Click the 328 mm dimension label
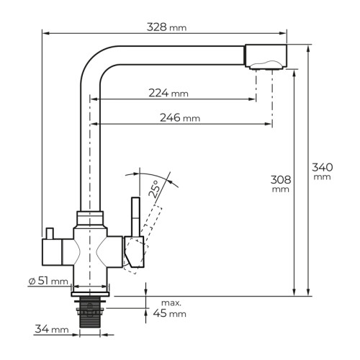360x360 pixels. click(166, 27)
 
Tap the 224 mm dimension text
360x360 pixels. click(168, 93)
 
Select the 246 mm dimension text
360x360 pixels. click(180, 117)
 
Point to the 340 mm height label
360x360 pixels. click(323, 171)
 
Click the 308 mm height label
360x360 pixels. click(281, 184)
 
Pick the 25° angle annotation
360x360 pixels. click(154, 189)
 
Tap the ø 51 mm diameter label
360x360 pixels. click(48, 281)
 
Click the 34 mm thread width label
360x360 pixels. click(52, 329)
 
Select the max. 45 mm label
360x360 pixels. click(170, 308)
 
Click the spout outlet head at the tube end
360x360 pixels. click(266, 57)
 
